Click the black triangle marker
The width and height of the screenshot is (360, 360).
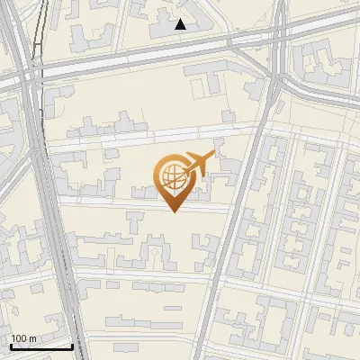181,25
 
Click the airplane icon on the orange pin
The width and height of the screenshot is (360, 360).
199,164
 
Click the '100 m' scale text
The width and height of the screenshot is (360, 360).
23,338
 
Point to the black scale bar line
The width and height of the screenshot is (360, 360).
41,346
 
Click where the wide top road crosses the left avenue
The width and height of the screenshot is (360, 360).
31,76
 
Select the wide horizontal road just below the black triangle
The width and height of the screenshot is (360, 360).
180,50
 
